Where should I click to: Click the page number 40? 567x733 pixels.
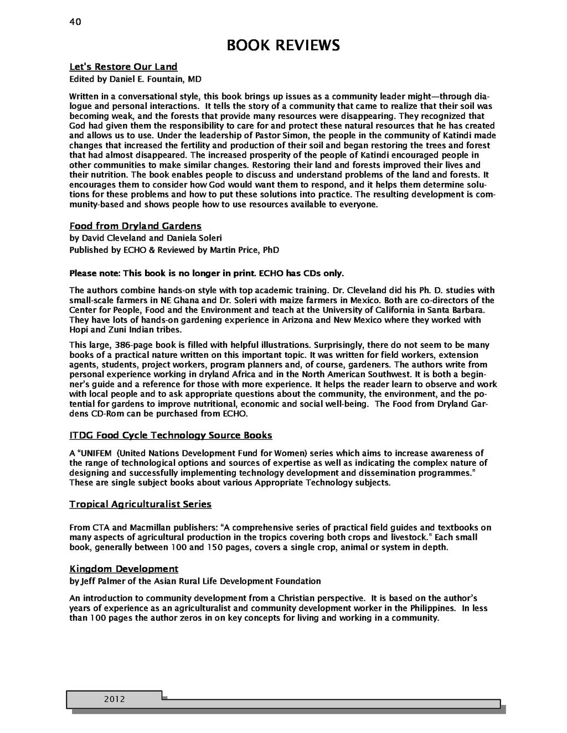(75, 22)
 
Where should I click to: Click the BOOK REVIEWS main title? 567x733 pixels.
(283, 45)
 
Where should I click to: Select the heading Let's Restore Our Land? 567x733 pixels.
(123, 67)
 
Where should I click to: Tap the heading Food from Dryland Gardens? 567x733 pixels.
(135, 226)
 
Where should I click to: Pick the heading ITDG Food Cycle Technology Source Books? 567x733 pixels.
(171, 435)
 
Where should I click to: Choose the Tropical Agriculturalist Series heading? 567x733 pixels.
(140, 504)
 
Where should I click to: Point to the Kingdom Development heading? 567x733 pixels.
(123, 569)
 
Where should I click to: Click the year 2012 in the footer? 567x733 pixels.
(114, 699)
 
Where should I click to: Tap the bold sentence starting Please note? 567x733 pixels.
(206, 273)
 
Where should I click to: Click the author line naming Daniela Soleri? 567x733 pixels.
(145, 238)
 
